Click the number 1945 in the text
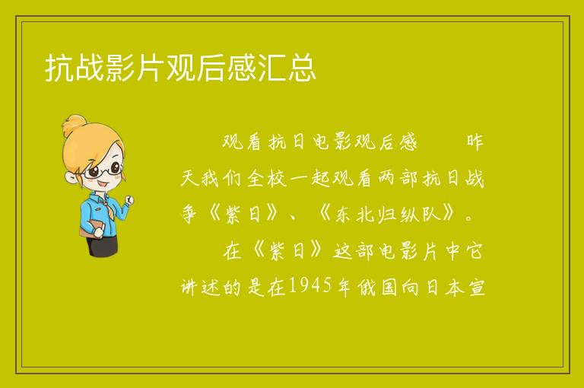tap(309, 286)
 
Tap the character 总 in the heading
tap(302, 68)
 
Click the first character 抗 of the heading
tap(59, 68)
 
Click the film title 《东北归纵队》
tap(387, 214)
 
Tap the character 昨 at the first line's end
tap(474, 142)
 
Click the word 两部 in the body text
tap(398, 178)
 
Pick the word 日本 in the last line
tap(443, 287)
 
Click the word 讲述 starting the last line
tap(200, 287)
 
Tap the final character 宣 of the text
tap(476, 287)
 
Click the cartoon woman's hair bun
tap(75, 125)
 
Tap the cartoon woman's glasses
tap(103, 170)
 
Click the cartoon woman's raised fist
tap(129, 200)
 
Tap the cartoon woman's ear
tap(71, 177)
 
